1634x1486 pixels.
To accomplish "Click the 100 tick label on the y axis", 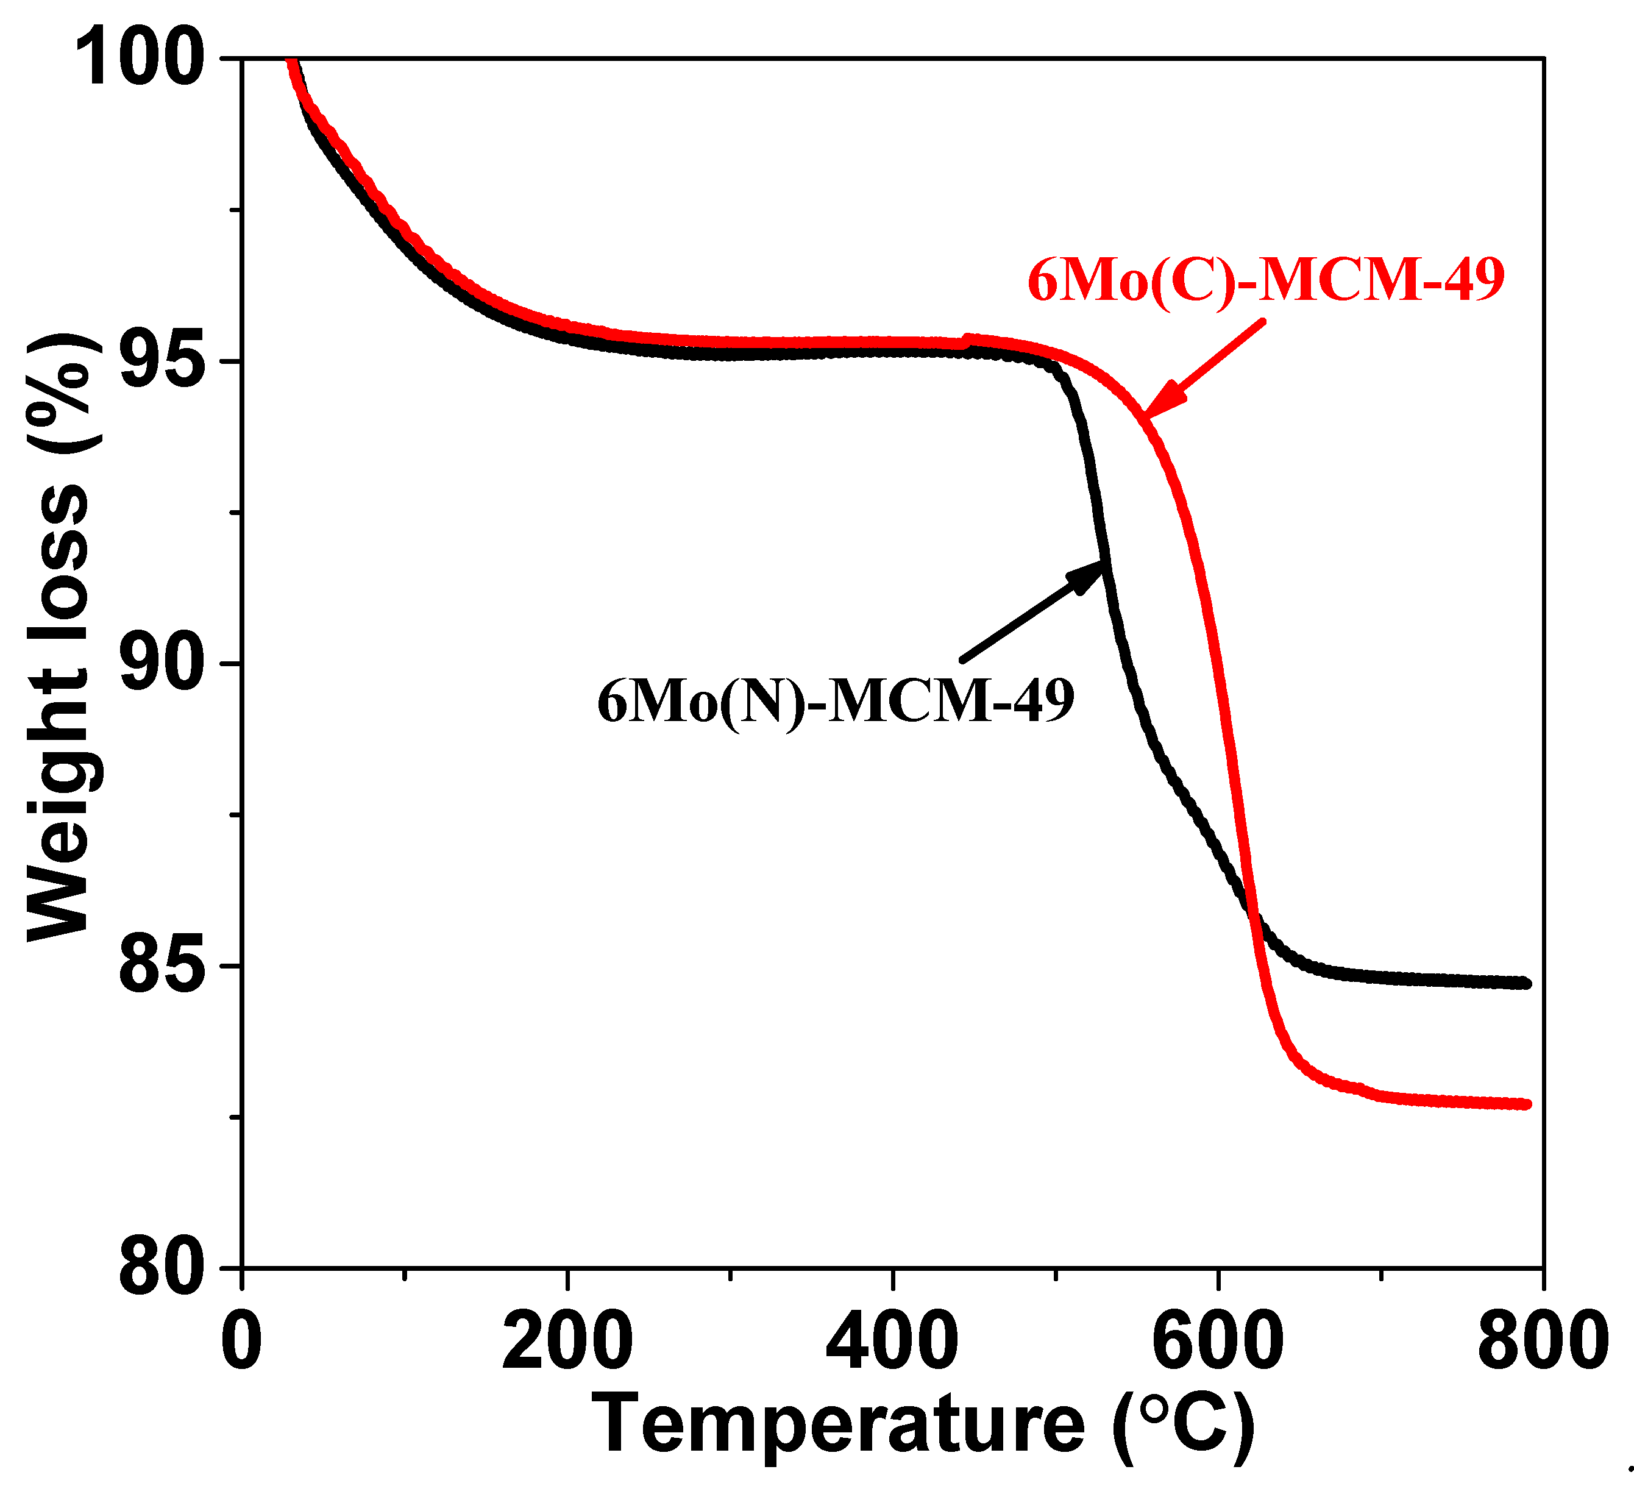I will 140,59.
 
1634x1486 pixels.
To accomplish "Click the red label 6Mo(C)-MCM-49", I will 1266,280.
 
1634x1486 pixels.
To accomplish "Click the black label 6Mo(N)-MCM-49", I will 836,700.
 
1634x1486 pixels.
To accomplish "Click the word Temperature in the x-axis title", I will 838,1425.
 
